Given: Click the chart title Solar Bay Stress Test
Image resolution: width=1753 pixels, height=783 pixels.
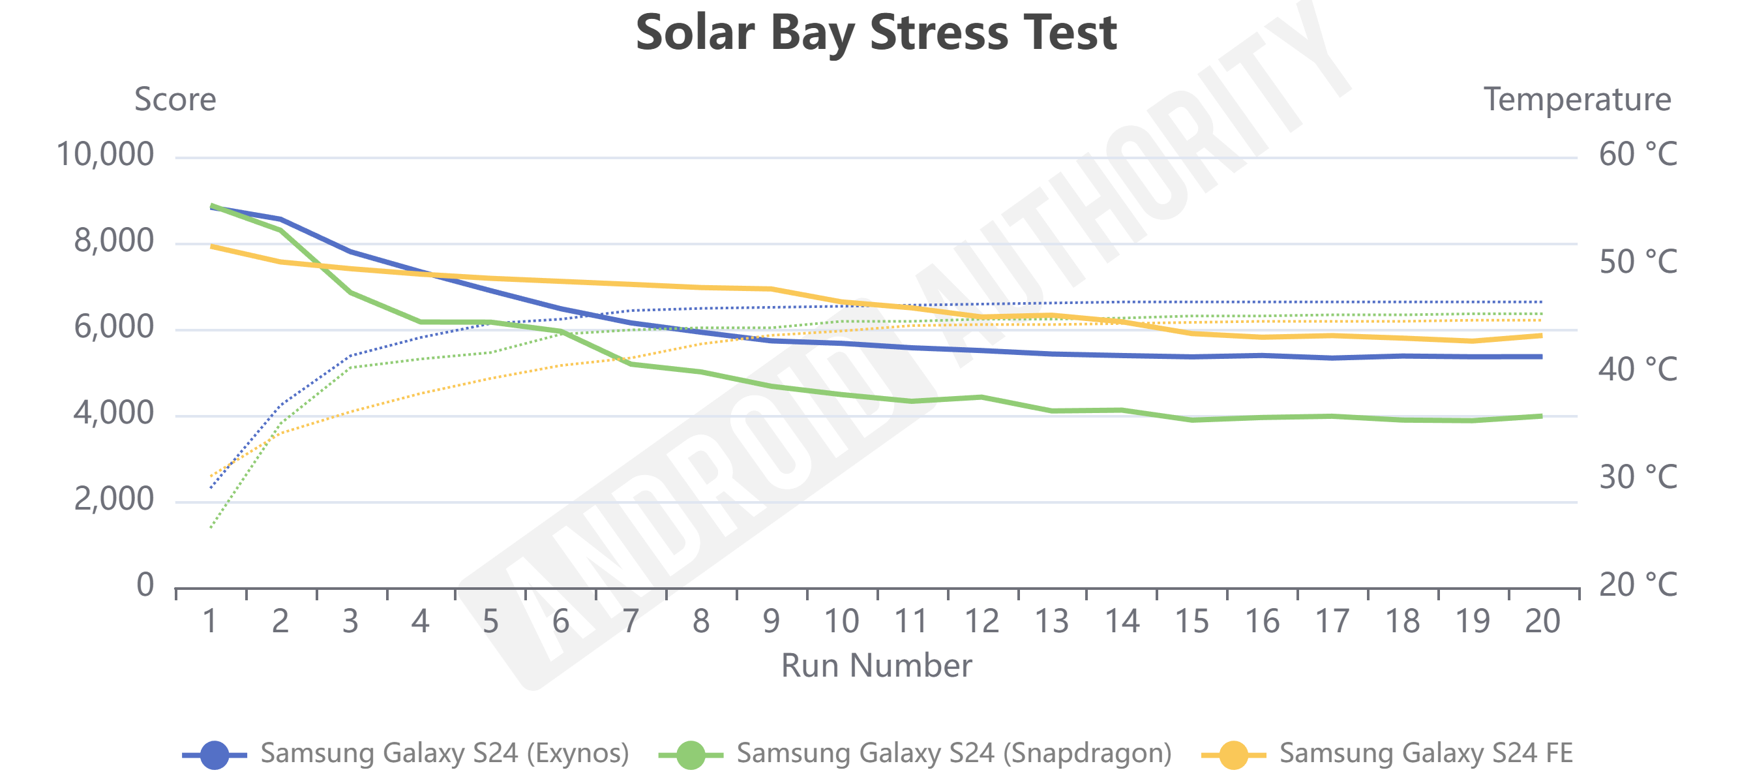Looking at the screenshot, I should pyautogui.click(x=876, y=33).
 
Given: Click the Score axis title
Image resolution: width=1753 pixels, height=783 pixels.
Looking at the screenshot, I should pyautogui.click(x=175, y=100).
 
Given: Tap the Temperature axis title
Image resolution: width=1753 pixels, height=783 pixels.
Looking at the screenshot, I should pyautogui.click(x=1577, y=100).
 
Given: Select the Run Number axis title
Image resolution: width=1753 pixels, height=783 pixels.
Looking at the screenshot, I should pyautogui.click(x=876, y=665).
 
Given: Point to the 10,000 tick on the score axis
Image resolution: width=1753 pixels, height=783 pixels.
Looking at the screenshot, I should pyautogui.click(x=105, y=155).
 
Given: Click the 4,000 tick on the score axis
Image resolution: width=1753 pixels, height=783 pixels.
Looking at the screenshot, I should pyautogui.click(x=113, y=413).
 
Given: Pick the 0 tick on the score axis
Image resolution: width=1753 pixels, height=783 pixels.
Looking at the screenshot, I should pyautogui.click(x=145, y=585).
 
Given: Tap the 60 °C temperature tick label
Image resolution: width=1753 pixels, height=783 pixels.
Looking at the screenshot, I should pyautogui.click(x=1638, y=155).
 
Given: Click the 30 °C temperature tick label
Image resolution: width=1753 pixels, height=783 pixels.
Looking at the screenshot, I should pyautogui.click(x=1638, y=477).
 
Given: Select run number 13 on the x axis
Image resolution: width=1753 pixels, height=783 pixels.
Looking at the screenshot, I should pyautogui.click(x=1051, y=622).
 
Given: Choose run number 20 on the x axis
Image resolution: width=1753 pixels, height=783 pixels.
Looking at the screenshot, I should pyautogui.click(x=1542, y=622).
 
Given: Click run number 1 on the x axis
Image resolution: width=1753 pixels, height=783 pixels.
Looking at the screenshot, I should pyautogui.click(x=210, y=622).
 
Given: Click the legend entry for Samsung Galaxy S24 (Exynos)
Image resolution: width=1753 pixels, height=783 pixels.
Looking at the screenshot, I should pyautogui.click(x=444, y=753).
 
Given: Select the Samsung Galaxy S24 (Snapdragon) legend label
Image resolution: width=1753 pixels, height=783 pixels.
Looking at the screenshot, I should pyautogui.click(x=953, y=753).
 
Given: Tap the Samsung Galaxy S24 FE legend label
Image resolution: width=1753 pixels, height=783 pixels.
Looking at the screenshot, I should pyautogui.click(x=1426, y=753).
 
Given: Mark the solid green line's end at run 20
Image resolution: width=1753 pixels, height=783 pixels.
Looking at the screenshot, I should pyautogui.click(x=1540, y=416).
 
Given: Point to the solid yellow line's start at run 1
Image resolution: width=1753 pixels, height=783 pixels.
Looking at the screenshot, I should pyautogui.click(x=212, y=246).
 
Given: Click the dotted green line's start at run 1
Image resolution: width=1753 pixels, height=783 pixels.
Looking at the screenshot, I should pyautogui.click(x=211, y=528).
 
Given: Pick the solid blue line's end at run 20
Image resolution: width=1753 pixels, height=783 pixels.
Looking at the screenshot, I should pyautogui.click(x=1540, y=357).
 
